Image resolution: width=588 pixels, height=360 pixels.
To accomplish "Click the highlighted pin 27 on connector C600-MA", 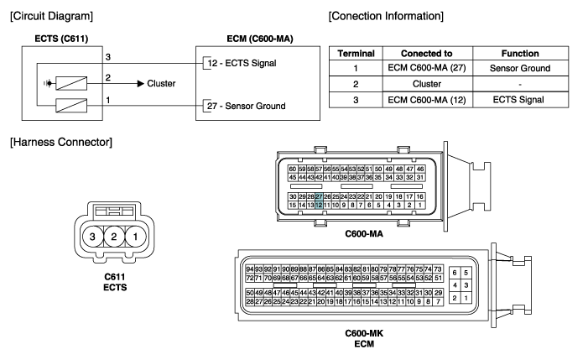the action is [319, 196].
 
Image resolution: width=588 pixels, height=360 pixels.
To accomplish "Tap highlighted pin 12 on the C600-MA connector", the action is [319, 205].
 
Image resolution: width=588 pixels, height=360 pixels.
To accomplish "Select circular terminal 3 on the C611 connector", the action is [92, 237].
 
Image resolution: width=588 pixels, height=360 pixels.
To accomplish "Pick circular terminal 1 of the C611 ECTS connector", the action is [135, 237].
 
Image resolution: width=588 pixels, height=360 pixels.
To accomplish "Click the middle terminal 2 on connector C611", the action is [114, 237].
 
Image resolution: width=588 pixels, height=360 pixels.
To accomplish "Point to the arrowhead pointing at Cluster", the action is [141, 84].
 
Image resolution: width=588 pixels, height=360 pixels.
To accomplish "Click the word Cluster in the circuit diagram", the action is [161, 83].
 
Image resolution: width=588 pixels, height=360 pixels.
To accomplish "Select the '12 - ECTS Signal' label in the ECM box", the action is [242, 63].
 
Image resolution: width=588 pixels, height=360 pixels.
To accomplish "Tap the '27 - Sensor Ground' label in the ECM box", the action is [247, 106].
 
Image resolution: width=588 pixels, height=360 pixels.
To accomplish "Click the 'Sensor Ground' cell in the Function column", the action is [520, 68].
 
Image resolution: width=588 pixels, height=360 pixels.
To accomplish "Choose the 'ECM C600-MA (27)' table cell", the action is [427, 68].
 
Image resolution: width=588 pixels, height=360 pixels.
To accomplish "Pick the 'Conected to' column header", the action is [427, 53].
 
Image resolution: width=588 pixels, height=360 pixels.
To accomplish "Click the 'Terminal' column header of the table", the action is [356, 53].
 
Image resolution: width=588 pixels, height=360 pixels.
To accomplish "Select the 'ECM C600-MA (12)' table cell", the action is [427, 100].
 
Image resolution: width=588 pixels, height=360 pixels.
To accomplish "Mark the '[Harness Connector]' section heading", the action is [61, 142].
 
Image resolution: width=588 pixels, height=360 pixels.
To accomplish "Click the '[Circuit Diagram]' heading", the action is [52, 16].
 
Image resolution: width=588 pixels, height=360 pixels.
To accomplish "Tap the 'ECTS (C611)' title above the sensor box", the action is [61, 39].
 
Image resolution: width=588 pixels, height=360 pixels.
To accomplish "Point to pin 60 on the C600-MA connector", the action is [293, 170].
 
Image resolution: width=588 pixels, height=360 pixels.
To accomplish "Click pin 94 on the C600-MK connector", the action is [250, 269].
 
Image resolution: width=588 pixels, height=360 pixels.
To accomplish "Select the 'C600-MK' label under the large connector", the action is [364, 333].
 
